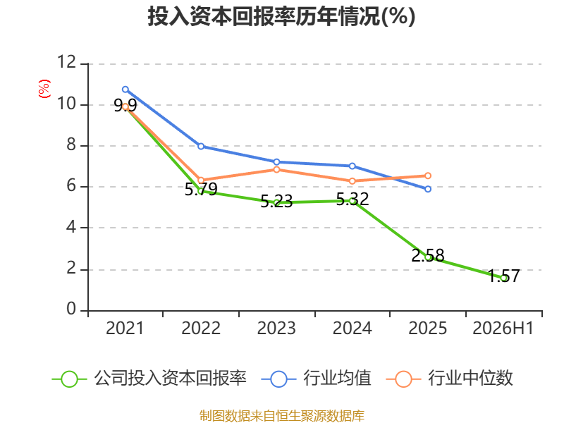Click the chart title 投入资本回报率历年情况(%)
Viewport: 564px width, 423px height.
pyautogui.click(x=281, y=16)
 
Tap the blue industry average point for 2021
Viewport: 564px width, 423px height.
pyautogui.click(x=125, y=90)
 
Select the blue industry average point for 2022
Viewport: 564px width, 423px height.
pyautogui.click(x=201, y=146)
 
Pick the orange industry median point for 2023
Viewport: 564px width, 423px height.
pyautogui.click(x=276, y=169)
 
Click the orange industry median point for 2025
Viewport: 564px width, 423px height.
pyautogui.click(x=428, y=176)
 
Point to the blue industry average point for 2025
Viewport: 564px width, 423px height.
pyautogui.click(x=428, y=189)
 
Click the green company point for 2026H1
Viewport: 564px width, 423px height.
pyautogui.click(x=504, y=278)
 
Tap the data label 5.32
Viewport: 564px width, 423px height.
pyautogui.click(x=352, y=199)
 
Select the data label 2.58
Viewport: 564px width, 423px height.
pyautogui.click(x=428, y=255)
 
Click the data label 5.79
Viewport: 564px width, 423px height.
pyautogui.click(x=201, y=189)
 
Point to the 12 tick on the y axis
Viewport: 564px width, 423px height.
pyautogui.click(x=67, y=62)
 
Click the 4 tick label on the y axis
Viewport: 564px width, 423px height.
pyautogui.click(x=71, y=227)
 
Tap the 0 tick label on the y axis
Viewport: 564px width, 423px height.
pyautogui.click(x=71, y=309)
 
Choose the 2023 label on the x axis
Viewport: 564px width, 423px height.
pyautogui.click(x=276, y=328)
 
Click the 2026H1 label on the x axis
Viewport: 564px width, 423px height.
pyautogui.click(x=503, y=328)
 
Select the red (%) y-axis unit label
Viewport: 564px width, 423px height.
pyautogui.click(x=44, y=89)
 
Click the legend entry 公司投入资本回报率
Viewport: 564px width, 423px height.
pyautogui.click(x=149, y=379)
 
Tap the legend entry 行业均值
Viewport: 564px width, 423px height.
pyautogui.click(x=316, y=379)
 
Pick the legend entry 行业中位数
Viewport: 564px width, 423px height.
pyautogui.click(x=450, y=379)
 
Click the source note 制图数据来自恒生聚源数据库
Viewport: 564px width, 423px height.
pyautogui.click(x=282, y=416)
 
